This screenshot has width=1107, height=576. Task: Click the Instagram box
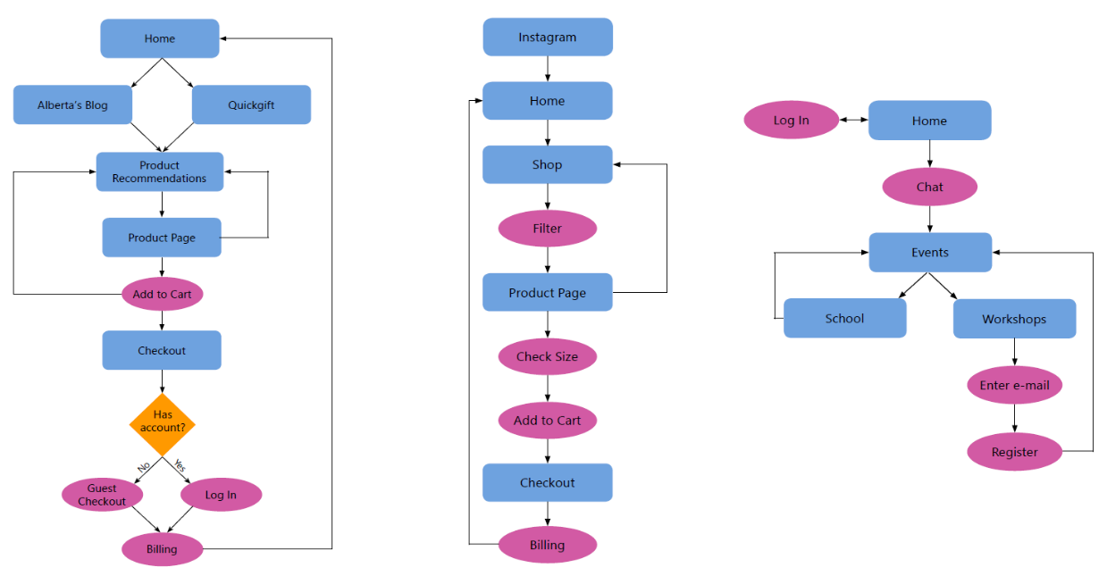[548, 38]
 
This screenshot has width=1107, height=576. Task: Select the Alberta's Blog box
[72, 105]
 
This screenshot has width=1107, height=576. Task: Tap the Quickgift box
[251, 105]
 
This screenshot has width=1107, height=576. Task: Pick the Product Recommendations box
[160, 171]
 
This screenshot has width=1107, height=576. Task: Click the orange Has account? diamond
[162, 422]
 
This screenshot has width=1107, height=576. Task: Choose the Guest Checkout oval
[102, 495]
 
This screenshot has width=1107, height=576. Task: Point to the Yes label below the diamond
[180, 466]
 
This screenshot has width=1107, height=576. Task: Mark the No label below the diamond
[143, 467]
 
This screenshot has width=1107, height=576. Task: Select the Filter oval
[547, 229]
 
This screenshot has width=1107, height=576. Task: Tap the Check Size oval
[547, 357]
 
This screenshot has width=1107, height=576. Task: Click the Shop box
[548, 165]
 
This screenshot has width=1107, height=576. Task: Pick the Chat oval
[929, 188]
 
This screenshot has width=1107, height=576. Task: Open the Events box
[930, 253]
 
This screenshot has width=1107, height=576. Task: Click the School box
[844, 319]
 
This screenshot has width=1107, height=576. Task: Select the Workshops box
[1014, 319]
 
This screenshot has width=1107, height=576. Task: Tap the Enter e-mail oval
[1014, 386]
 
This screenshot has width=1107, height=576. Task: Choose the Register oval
[1014, 452]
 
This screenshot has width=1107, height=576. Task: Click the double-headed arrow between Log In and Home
[853, 120]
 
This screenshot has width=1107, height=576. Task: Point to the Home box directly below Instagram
[548, 101]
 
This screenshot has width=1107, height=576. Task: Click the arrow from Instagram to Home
[548, 69]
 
